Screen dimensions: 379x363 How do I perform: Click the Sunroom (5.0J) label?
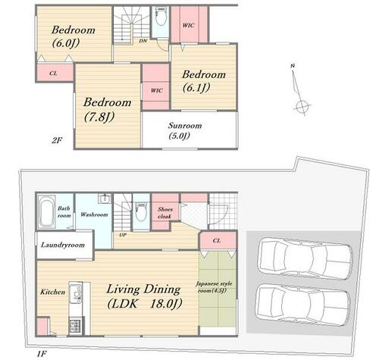click(x=185, y=130)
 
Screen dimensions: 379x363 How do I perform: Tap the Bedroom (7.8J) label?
click(x=107, y=109)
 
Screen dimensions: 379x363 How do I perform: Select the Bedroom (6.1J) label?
click(x=204, y=81)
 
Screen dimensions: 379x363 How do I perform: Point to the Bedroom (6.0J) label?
click(x=74, y=36)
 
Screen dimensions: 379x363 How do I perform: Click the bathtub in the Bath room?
click(x=46, y=211)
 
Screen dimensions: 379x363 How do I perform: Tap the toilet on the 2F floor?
click(x=161, y=17)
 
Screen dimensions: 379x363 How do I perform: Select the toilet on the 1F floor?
click(x=141, y=211)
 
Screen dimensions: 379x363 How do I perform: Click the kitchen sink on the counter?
click(x=76, y=293)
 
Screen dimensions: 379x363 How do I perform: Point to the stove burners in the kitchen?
click(x=76, y=326)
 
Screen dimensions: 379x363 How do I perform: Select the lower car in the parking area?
click(x=302, y=304)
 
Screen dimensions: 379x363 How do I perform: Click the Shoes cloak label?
click(x=164, y=213)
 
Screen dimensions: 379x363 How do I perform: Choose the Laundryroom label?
click(x=63, y=245)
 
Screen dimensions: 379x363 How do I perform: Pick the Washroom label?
click(x=94, y=214)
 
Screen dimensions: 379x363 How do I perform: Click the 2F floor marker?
click(x=57, y=140)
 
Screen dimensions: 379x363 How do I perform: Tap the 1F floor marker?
click(x=42, y=354)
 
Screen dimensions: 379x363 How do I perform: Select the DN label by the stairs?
click(x=143, y=40)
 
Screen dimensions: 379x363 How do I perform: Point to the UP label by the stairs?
click(x=123, y=235)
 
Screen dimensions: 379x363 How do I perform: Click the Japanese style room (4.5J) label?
click(x=215, y=287)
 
